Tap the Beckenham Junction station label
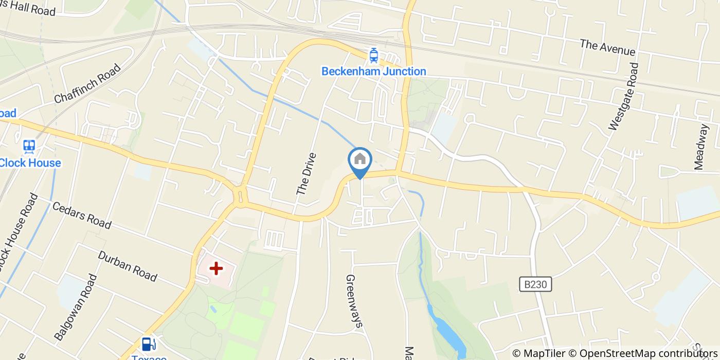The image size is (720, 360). pos(374,71)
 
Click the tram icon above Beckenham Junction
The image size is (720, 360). pos(374,55)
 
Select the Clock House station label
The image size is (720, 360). pos(30,163)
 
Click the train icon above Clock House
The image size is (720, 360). pos(29,147)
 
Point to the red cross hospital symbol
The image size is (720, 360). pos(216,268)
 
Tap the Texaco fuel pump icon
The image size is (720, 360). pos(148,344)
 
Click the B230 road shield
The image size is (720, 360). pos(535,284)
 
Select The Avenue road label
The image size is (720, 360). pos(607,48)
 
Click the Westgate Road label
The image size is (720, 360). pos(623,97)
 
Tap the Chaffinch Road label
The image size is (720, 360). pos(87,82)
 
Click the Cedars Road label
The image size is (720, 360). pos(82,215)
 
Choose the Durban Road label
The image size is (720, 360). pos(127,266)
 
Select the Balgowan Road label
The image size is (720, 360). pos(76,307)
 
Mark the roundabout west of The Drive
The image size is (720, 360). pos(240,196)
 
